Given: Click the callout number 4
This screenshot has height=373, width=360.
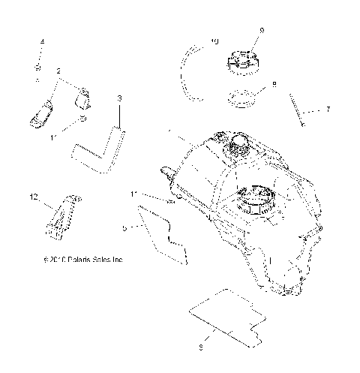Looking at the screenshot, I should (x=42, y=41).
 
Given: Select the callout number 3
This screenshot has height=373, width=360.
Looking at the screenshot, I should (x=118, y=98).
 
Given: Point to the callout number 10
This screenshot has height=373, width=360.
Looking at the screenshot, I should (x=215, y=42).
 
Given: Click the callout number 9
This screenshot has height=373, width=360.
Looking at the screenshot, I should (x=262, y=30).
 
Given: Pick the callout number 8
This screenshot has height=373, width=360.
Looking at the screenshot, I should (x=274, y=85).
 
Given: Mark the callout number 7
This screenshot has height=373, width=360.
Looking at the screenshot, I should (x=327, y=110).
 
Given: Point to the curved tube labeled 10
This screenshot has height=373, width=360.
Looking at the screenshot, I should (x=195, y=75).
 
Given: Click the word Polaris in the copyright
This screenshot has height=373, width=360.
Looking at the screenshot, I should (x=73, y=260).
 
